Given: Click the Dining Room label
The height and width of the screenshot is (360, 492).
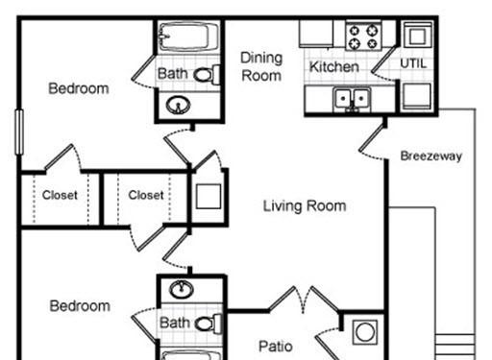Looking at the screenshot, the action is [x=261, y=66].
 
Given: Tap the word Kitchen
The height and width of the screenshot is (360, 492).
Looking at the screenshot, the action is [x=334, y=66].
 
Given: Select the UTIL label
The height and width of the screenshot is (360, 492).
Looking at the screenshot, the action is [x=413, y=63].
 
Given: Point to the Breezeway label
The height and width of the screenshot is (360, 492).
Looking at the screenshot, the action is [x=431, y=156].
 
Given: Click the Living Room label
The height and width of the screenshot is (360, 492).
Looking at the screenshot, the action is [x=305, y=205].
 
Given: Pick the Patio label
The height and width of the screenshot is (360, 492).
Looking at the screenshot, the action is [x=276, y=347].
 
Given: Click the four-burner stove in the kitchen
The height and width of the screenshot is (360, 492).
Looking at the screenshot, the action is [x=363, y=36].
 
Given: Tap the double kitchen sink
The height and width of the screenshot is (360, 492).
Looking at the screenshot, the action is [x=352, y=99].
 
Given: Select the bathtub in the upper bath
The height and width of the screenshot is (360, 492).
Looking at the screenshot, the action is [x=188, y=36].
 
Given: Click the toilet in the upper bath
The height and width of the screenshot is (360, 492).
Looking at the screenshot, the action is [x=207, y=75].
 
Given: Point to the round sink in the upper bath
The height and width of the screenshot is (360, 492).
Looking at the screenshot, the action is [x=178, y=105].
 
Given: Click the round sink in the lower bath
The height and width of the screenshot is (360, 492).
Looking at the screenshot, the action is [x=182, y=289].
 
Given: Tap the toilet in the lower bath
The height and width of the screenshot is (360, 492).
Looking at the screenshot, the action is [x=209, y=324].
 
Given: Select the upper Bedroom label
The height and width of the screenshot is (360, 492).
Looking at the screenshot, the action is [x=79, y=88].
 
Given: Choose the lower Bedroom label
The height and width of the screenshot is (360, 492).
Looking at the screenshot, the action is [x=80, y=306].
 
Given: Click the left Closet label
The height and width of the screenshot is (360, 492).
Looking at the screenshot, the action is [x=60, y=195].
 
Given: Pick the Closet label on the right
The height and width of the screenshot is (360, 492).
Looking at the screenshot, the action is [x=146, y=195].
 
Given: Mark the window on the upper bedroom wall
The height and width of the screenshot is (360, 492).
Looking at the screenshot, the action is [x=19, y=132].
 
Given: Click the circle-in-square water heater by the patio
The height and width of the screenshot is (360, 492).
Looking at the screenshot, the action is [x=365, y=332].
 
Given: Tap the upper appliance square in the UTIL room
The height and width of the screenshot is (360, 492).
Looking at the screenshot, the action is [x=417, y=36].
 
